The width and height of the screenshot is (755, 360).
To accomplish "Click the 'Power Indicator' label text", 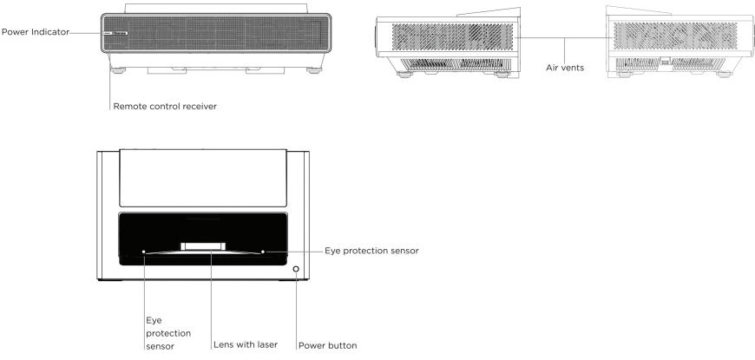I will pos(35,33).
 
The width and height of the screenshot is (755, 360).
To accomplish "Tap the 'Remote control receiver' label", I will pos(164,106).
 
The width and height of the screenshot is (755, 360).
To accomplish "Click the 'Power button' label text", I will pos(327,344).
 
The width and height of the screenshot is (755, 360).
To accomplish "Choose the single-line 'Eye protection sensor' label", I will pos(372,251).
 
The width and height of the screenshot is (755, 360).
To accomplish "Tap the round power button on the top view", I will pos(296,270).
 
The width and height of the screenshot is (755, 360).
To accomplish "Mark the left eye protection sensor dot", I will pos(143,252).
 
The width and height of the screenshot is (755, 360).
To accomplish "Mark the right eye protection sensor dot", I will pos(262,252).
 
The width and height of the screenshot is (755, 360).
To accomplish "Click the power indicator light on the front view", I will pos(108,33).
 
